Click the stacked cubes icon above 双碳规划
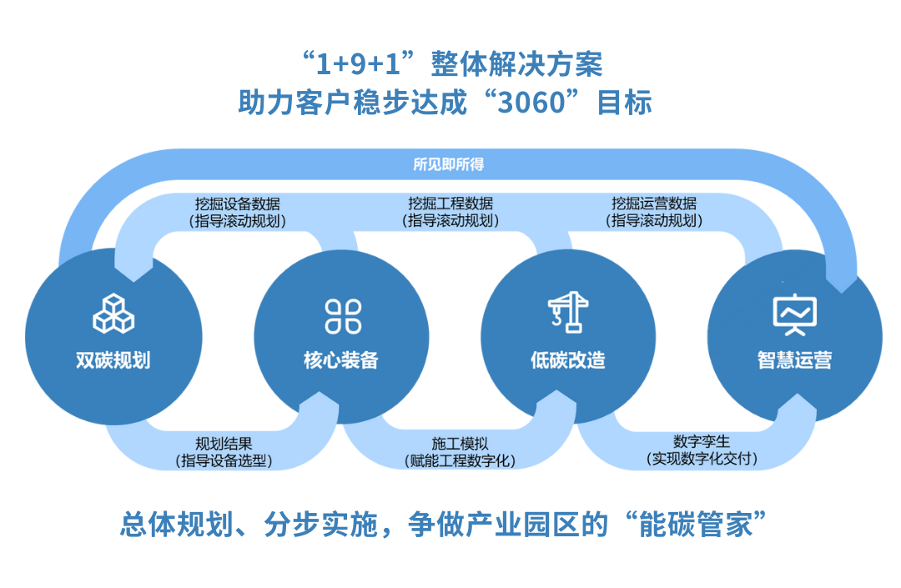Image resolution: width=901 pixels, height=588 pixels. [113, 314]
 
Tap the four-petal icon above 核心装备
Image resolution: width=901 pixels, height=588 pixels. [343, 316]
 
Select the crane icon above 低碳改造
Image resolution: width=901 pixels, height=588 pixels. [568, 313]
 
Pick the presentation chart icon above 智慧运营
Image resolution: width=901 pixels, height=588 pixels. [795, 314]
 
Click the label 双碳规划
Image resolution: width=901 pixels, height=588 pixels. [113, 360]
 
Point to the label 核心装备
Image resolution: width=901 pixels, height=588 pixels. [341, 360]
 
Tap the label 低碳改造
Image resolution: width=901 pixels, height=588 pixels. [568, 360]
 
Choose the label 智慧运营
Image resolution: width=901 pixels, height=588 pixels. [795, 360]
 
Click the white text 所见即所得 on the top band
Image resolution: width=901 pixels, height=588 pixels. [449, 165]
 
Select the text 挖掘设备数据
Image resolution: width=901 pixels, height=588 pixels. [237, 204]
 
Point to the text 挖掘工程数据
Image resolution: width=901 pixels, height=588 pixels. [450, 204]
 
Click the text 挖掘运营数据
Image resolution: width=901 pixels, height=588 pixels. [654, 204]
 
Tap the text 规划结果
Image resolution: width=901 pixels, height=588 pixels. [224, 444]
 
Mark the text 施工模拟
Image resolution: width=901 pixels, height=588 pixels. [460, 444]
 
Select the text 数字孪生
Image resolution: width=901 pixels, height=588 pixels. [702, 441]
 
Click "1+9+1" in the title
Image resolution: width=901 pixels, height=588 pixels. [359, 63]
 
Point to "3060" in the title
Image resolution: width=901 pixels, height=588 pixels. [531, 103]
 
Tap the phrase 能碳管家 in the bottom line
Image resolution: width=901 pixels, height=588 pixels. [695, 525]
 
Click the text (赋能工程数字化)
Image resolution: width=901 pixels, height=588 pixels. [460, 460]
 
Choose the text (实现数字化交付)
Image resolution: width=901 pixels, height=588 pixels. [702, 458]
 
